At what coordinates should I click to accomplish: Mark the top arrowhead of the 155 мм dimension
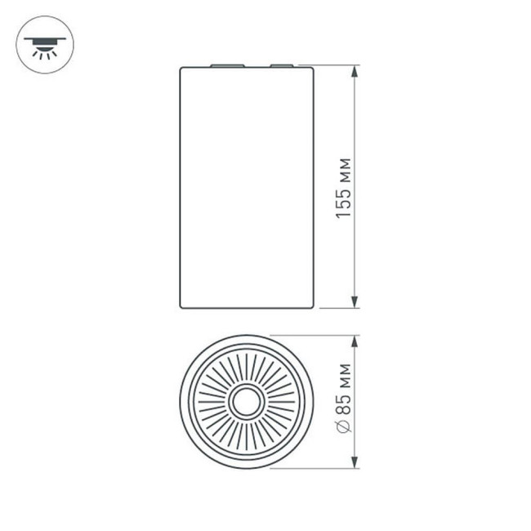[x=355, y=72]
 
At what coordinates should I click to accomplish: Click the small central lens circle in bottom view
[x=247, y=402]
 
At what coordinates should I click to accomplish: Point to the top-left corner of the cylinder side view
[x=181, y=67]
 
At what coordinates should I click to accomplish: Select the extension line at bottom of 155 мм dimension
[x=335, y=309]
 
